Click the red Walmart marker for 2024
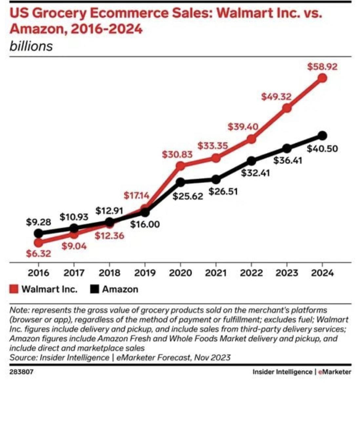[322, 78]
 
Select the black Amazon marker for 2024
[322, 135]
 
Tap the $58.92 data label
[322, 67]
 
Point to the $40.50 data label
[322, 149]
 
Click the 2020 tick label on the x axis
[180, 273]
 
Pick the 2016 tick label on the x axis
[38, 273]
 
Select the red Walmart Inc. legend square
[14, 289]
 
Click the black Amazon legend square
[94, 289]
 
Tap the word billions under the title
[31, 46]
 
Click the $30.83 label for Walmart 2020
[177, 154]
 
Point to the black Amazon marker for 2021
[216, 179]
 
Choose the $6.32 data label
[38, 253]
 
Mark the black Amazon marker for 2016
[38, 233]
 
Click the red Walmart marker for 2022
[251, 139]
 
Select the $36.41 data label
[288, 161]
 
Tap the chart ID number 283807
[21, 372]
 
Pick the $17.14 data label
[136, 196]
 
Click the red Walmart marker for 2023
[287, 108]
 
